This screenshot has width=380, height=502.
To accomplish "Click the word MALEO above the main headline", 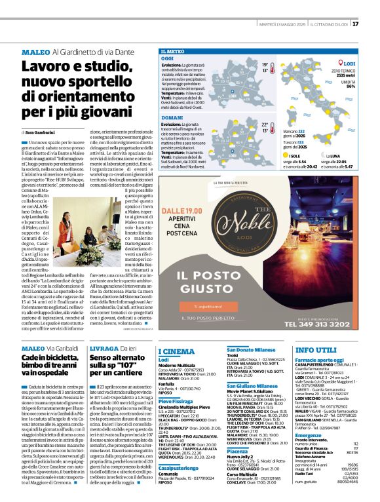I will pos(35,51).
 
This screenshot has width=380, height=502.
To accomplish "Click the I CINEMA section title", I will pos(176,351).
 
